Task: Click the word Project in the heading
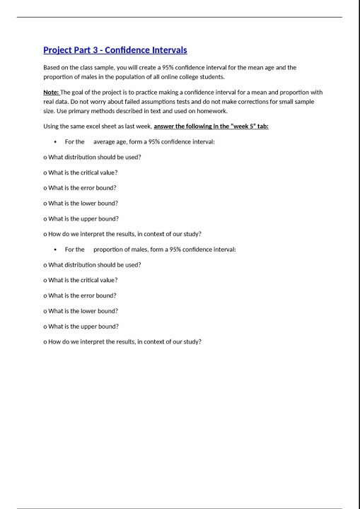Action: tap(57, 50)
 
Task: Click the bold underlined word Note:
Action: tap(51, 93)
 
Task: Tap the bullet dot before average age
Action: tap(55, 142)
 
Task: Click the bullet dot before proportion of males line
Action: tap(55, 250)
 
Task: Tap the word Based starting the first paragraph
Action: tap(52, 68)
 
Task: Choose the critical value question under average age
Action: tap(81, 172)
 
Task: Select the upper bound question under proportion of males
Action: tap(81, 327)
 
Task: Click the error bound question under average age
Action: tap(80, 188)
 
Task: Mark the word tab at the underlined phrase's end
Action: tap(262, 127)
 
